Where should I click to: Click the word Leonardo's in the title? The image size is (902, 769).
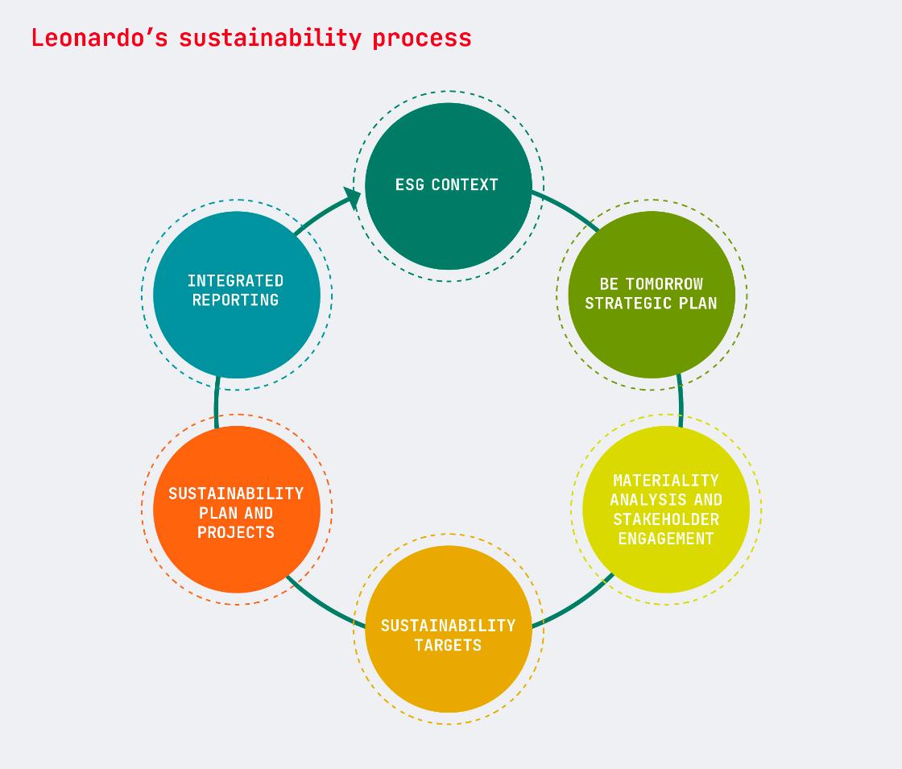(99, 37)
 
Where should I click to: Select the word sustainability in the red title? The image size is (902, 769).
(271, 39)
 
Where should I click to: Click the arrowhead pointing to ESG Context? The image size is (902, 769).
(352, 197)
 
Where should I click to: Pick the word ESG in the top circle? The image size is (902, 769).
(410, 184)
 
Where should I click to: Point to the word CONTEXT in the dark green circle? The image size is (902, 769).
(465, 184)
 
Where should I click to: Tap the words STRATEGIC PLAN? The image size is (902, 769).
(652, 303)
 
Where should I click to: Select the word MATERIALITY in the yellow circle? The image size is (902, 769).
(666, 480)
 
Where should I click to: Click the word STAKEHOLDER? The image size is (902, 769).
(666, 519)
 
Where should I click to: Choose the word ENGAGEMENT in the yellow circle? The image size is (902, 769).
(666, 539)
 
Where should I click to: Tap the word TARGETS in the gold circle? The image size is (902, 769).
(448, 645)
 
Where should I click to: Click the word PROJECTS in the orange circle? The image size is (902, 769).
(236, 532)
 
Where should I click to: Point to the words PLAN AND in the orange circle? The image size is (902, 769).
(236, 513)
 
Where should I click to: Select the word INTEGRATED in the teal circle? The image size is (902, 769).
(235, 281)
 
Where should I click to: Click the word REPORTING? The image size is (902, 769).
(235, 300)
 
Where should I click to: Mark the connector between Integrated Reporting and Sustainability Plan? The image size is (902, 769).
(217, 402)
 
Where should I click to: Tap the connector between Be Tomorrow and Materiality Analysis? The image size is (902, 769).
(681, 402)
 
